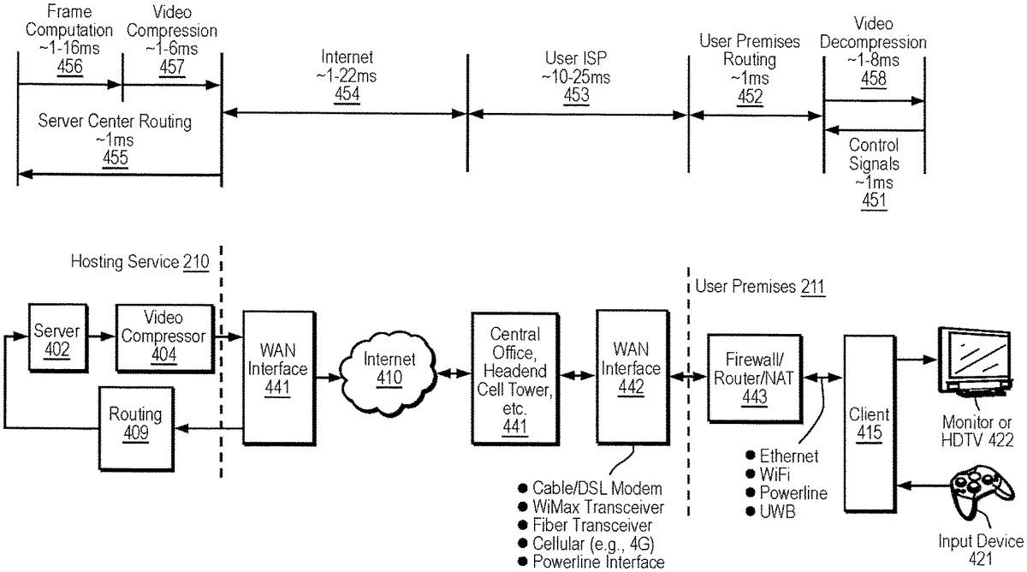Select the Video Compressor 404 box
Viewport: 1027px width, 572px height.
coord(163,337)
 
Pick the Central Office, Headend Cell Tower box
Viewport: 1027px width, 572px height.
coord(513,378)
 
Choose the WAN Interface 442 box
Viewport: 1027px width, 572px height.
coord(629,378)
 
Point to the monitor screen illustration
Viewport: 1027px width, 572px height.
coord(980,358)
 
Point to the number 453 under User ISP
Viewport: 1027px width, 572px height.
coord(576,94)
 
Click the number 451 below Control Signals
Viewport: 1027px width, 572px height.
coord(874,200)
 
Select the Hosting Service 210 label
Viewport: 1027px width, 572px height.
coord(140,261)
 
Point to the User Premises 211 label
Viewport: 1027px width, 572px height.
coord(760,285)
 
